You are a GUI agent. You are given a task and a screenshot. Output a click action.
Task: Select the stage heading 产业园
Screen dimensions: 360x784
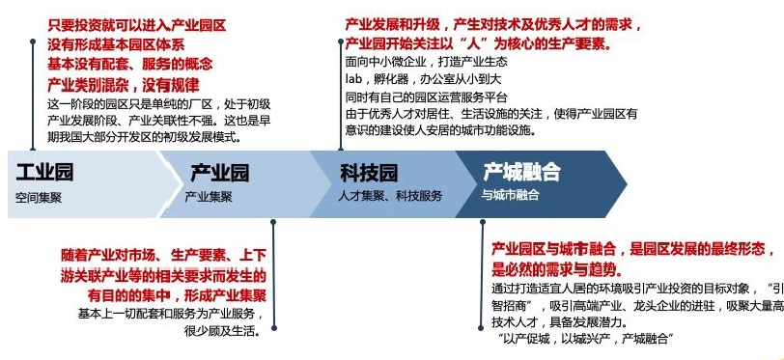[x=219, y=174]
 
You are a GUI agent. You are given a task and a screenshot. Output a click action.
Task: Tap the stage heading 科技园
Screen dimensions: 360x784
[x=369, y=174]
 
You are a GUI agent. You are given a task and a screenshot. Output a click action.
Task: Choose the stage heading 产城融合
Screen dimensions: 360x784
[x=521, y=174]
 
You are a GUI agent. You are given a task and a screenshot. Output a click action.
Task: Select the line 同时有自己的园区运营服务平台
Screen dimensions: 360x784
[x=425, y=98]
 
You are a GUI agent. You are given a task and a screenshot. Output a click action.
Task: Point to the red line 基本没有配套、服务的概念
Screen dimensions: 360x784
[x=128, y=64]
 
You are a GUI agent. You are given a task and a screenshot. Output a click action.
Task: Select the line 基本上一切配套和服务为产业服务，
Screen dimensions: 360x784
[x=172, y=314]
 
